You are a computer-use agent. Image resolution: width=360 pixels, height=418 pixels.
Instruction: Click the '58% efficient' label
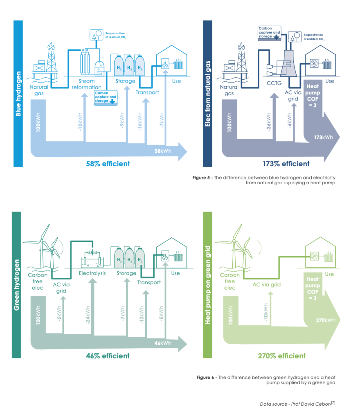coord(108,163)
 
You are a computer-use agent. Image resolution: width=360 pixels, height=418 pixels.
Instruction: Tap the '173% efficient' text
coord(286,164)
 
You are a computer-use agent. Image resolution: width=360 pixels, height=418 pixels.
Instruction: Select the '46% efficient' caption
coord(108,355)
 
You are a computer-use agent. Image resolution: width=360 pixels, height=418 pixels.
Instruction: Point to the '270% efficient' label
coord(282,356)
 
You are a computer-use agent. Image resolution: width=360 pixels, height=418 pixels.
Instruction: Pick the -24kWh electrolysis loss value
coord(88,315)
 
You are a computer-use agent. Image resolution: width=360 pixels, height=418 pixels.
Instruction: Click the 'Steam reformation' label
coord(86,84)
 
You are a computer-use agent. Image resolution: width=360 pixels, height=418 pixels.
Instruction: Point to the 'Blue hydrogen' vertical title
coord(18,94)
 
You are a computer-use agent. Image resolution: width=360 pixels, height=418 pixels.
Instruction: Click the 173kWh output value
coord(324,137)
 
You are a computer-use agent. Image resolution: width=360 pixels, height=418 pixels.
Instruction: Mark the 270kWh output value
coord(326,320)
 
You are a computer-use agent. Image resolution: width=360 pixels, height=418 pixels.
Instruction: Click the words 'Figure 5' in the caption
coord(201,178)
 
